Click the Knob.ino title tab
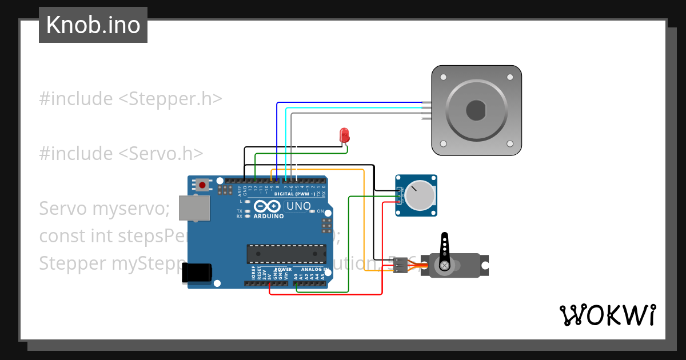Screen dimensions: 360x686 [93, 25]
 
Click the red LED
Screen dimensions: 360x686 [344, 135]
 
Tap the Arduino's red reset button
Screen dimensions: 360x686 [202, 185]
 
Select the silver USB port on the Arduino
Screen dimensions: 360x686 [194, 208]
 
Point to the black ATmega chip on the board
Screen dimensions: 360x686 [286, 254]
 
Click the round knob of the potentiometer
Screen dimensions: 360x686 [419, 195]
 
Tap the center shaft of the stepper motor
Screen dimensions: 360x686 [476, 110]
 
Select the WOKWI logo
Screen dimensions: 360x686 [607, 315]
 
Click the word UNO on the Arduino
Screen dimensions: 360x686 [298, 206]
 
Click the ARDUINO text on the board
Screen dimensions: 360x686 [268, 216]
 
